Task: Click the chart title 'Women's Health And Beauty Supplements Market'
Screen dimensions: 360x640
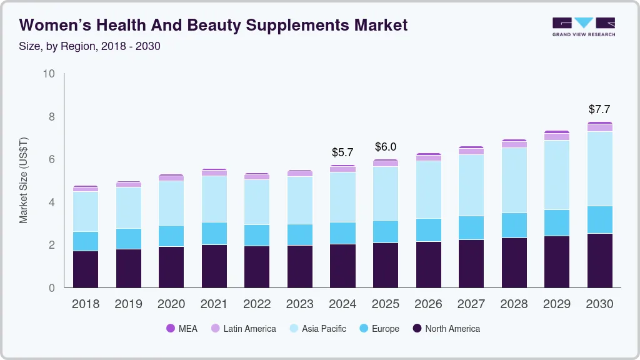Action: pyautogui.click(x=213, y=25)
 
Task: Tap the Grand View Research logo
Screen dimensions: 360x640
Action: pyautogui.click(x=583, y=26)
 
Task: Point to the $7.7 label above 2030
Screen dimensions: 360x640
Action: pyautogui.click(x=599, y=109)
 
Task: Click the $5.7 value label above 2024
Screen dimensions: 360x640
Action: pyautogui.click(x=342, y=152)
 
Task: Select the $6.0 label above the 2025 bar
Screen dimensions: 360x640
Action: pyautogui.click(x=386, y=147)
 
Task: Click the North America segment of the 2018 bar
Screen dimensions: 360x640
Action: pyautogui.click(x=86, y=269)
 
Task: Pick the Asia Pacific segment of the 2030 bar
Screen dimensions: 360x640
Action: pyautogui.click(x=599, y=169)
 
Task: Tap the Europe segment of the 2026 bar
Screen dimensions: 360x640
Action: pyautogui.click(x=428, y=230)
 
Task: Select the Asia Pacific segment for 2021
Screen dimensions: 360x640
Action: pyautogui.click(x=214, y=199)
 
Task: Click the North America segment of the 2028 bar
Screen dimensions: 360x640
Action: pyautogui.click(x=514, y=262)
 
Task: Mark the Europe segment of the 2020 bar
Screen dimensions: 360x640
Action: pyautogui.click(x=171, y=236)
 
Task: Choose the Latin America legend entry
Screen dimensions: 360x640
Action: pyautogui.click(x=243, y=329)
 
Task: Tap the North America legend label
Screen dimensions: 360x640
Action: pyautogui.click(x=452, y=329)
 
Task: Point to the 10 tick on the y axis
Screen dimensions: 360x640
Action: pyautogui.click(x=49, y=74)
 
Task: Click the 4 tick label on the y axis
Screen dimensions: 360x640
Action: pyautogui.click(x=52, y=202)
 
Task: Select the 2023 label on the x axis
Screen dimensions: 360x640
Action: pyautogui.click(x=300, y=304)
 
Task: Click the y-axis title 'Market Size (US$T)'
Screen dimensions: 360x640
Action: pyautogui.click(x=24, y=181)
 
